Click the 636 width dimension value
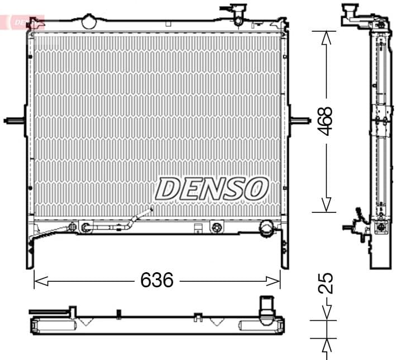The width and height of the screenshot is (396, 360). (156, 280)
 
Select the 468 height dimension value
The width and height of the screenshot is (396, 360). (326, 121)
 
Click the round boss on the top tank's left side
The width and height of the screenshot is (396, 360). (89, 22)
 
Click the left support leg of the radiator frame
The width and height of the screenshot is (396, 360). (30, 252)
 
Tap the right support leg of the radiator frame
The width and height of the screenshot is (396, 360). (285, 252)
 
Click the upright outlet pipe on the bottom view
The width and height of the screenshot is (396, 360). (265, 308)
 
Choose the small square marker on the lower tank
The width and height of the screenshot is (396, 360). (197, 228)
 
